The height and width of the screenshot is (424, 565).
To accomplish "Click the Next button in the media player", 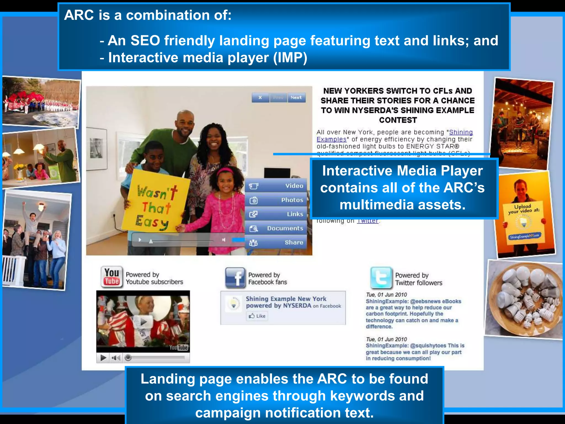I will coord(296,97).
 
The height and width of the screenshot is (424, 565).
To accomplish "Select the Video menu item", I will coord(276,186).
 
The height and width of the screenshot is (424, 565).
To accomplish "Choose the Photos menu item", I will coord(276,200).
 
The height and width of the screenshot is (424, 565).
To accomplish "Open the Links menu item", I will coord(276,214).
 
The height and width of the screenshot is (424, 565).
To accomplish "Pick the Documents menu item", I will coord(276,228).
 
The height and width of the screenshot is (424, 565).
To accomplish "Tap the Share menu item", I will coord(276,242).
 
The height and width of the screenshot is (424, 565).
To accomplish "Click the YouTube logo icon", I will coord(112,277).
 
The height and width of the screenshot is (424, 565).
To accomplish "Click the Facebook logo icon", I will coord(235,277).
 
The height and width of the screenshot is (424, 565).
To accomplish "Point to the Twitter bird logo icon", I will coord(381,277).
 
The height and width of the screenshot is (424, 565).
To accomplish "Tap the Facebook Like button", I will coord(257,316).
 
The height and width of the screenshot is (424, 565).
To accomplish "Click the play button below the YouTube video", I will coord(103,358).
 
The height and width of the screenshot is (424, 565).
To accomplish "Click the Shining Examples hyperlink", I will coord(461,132).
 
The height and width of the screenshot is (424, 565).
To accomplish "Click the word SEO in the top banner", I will coord(145,41).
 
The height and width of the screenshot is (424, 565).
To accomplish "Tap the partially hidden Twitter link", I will coord(367,221).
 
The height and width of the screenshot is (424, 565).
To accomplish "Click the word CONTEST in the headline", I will coord(398,120).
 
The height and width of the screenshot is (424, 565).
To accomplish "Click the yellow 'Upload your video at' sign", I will coord(524,221).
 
